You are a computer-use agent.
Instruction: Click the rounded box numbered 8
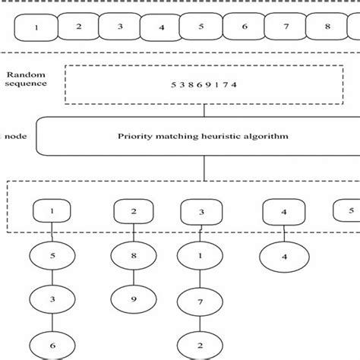(327, 27)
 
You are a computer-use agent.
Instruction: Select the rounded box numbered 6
(245, 27)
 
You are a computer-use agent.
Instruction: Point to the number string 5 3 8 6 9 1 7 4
(204, 84)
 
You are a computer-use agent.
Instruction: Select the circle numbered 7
(201, 302)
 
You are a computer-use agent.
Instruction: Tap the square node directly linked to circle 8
(134, 212)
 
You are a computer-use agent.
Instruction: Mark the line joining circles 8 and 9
(134, 278)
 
